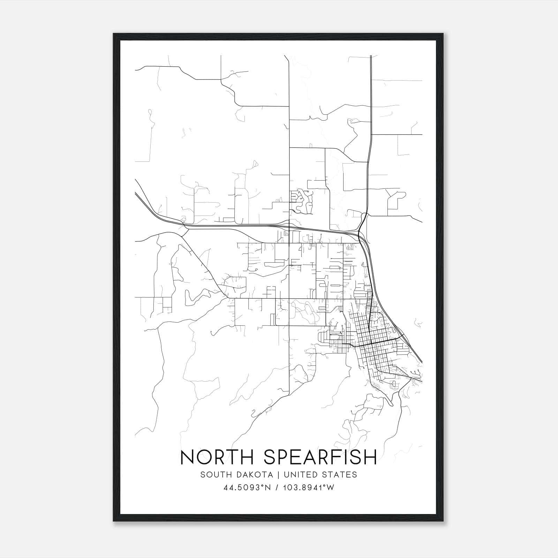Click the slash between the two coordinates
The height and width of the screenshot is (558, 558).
coord(277,488)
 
